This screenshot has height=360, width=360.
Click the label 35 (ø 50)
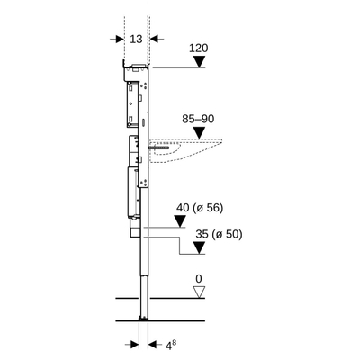(x=217, y=235)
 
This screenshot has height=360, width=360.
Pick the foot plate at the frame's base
(x=142, y=318)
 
